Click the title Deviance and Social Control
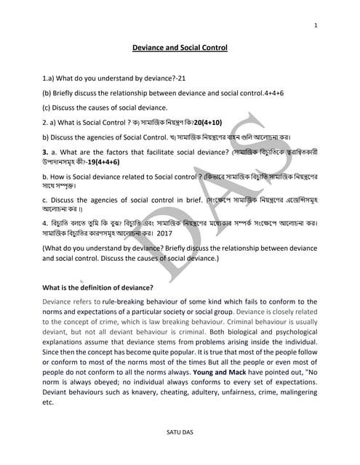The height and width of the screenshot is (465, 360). pos(180,48)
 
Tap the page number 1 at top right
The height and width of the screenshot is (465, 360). pos(316,26)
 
